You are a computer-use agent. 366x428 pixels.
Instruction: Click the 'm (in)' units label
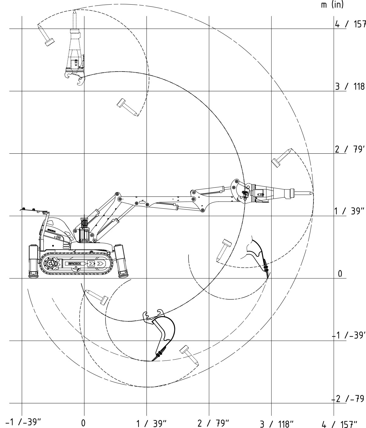pos(332,5)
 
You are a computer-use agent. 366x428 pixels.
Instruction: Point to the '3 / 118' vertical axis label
pos(350,86)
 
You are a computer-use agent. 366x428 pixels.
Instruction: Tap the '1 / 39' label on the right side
pos(350,211)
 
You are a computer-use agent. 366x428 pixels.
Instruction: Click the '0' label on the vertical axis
pos(340,274)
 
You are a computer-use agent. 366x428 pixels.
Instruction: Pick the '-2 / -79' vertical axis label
pos(349,399)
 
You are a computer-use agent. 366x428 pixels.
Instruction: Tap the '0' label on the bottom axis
pos(83,423)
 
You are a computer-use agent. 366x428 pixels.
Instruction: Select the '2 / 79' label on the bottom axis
pos(213,423)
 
